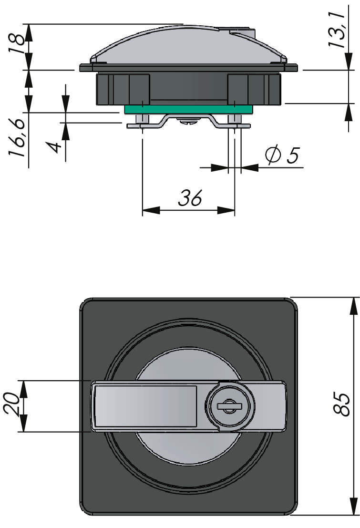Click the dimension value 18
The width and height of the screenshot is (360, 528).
tap(16, 46)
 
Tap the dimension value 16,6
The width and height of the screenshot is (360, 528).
tap(17, 139)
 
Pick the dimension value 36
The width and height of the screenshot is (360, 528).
tap(190, 198)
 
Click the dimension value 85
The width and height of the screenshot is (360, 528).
tap(342, 405)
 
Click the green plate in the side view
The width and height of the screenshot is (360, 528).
tap(188, 110)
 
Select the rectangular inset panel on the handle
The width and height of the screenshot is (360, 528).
tap(145, 406)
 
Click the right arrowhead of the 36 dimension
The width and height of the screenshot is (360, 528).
tap(226, 210)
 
